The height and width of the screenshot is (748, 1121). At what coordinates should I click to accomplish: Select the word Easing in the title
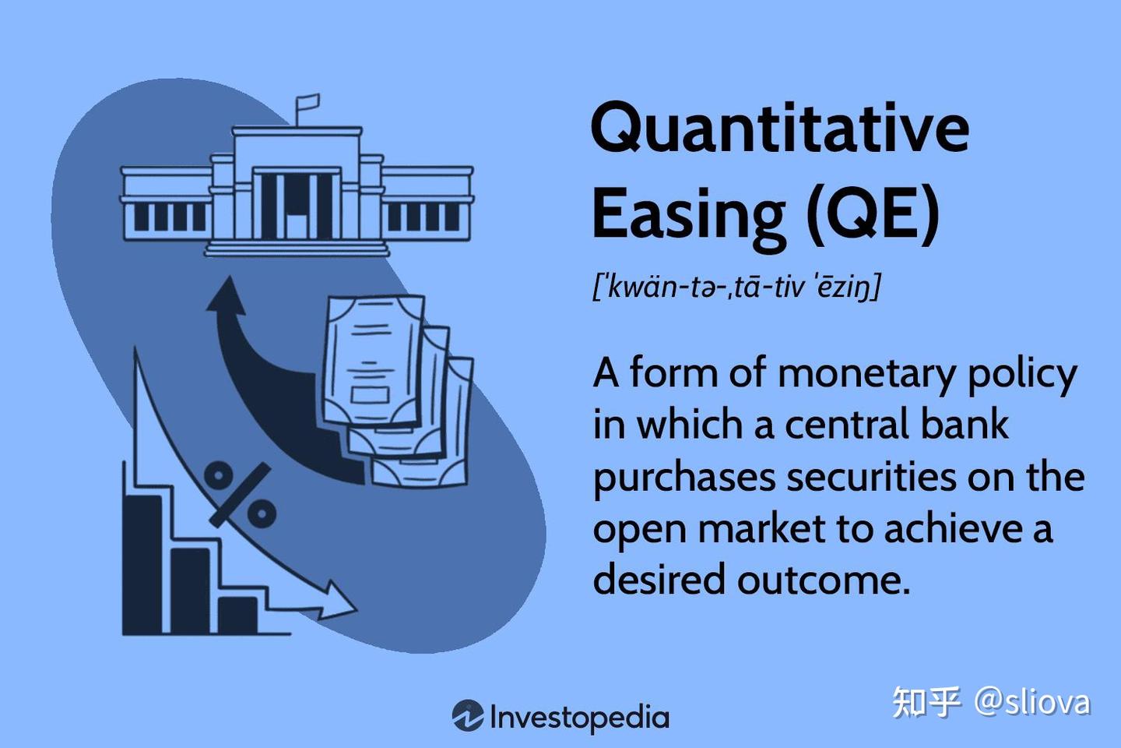pyautogui.click(x=689, y=214)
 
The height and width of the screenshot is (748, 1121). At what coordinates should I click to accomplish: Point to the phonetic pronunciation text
pyautogui.click(x=736, y=287)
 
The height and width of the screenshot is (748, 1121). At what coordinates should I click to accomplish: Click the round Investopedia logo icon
pyautogui.click(x=467, y=716)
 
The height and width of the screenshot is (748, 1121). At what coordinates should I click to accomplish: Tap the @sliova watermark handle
pyautogui.click(x=1031, y=702)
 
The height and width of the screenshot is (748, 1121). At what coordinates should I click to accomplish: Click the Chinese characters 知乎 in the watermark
pyautogui.click(x=926, y=702)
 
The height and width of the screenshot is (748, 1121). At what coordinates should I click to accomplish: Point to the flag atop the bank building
pyautogui.click(x=307, y=104)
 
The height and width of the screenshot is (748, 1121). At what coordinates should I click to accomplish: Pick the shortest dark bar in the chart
pyautogui.click(x=237, y=614)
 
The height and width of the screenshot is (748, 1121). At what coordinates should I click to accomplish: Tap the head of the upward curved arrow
pyautogui.click(x=227, y=297)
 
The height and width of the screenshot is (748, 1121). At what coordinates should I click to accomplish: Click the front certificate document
pyautogui.click(x=372, y=362)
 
